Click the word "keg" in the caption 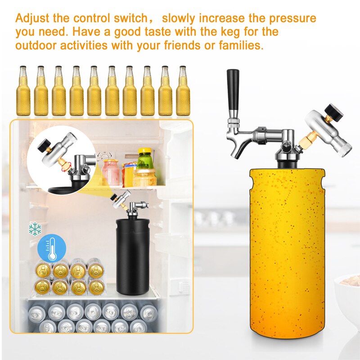(x=219, y=32)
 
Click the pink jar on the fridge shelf (x=111, y=173)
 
